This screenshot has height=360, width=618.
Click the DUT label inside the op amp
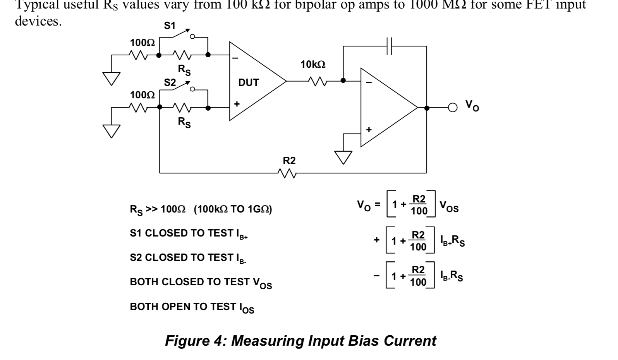248,82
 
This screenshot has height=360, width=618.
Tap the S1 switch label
170,26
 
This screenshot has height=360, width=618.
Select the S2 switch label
170,82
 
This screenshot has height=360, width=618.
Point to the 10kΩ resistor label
313,65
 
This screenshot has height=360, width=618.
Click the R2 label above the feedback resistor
289,161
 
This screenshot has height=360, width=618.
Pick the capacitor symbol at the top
390,46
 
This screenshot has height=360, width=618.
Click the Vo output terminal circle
452,108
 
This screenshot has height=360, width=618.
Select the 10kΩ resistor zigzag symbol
318,81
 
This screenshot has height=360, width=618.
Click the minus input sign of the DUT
235,58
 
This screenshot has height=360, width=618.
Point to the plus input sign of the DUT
237,104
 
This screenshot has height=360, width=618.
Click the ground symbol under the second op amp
343,157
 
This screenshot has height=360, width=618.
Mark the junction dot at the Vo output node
427,108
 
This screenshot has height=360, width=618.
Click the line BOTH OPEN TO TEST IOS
192,307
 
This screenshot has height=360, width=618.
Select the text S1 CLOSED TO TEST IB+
189,234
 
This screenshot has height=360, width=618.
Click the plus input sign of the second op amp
369,130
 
